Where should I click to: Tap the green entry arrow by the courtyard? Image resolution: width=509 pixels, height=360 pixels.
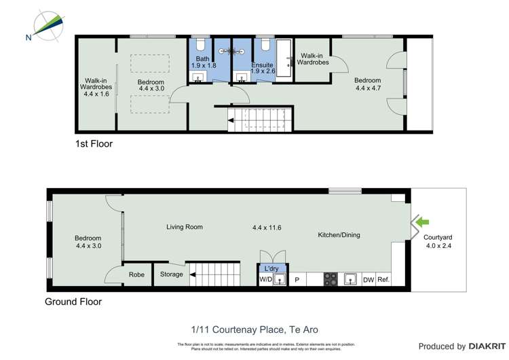point(423,221)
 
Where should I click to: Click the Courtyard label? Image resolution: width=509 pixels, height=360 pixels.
point(438,238)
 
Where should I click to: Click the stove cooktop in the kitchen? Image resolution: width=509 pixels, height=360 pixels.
point(330,278)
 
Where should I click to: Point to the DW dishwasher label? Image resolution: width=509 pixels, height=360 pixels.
point(369,279)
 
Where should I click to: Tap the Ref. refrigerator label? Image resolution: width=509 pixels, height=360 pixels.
point(384,279)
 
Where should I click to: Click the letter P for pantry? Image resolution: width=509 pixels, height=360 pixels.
point(297,279)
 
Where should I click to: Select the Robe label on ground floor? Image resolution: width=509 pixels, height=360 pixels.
point(136,275)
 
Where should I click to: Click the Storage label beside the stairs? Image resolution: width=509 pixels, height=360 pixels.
point(172,275)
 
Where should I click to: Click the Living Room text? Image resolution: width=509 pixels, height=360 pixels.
point(185,227)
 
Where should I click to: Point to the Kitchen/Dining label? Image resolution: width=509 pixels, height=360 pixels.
point(339,235)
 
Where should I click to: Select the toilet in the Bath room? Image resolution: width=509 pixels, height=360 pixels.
point(200,45)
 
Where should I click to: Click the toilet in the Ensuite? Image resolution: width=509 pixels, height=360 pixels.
point(265,45)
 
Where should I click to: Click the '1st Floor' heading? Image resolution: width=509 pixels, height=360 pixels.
point(94,144)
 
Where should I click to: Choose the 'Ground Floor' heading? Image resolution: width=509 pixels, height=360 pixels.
point(73,302)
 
